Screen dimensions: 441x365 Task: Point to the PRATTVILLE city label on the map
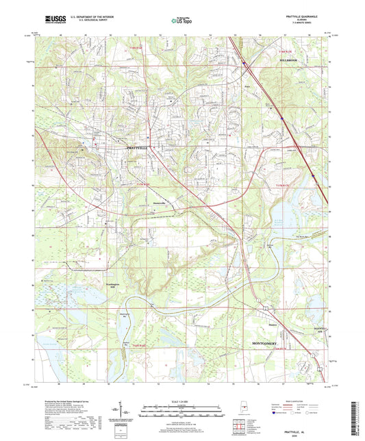point(140,147)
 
